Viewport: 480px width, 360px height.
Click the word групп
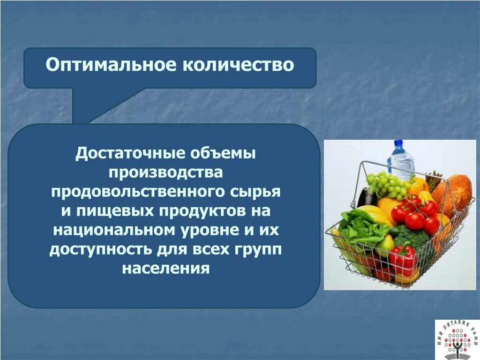click(257, 250)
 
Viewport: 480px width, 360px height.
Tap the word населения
click(165, 269)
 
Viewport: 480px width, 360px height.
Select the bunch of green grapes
click(388, 184)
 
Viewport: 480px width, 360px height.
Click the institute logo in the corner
click(457, 339)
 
